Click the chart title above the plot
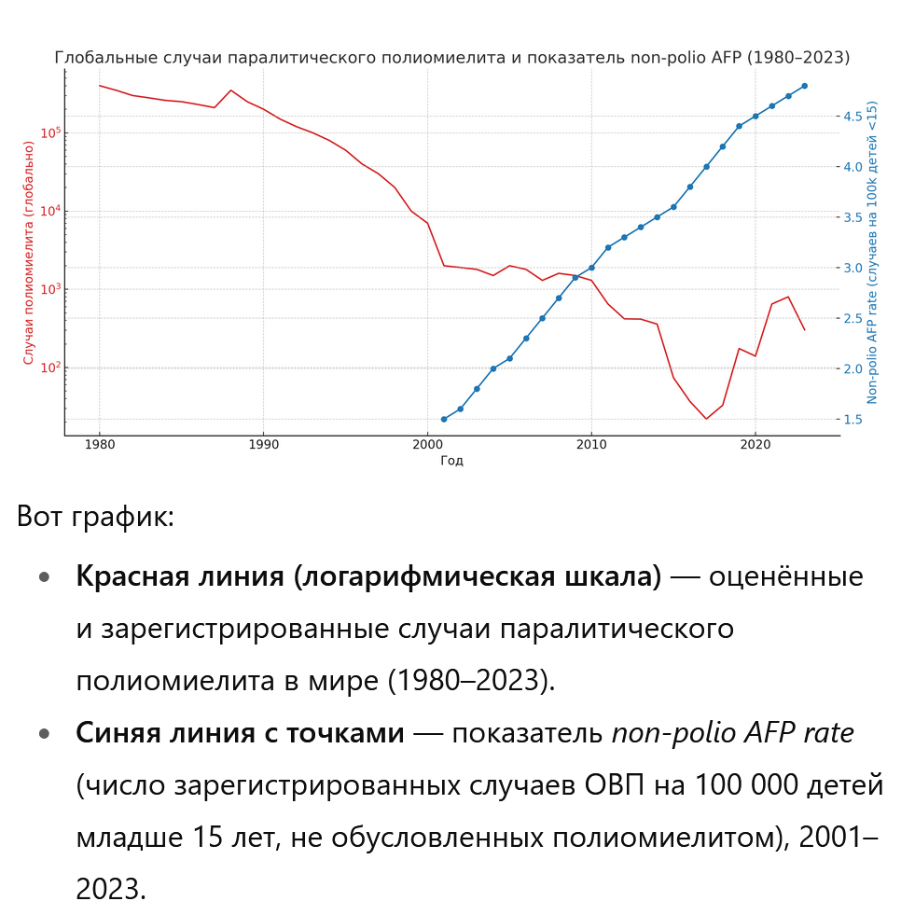[x=451, y=58]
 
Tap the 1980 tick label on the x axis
[x=100, y=445]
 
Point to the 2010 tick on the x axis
[x=591, y=445]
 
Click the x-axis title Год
[x=451, y=461]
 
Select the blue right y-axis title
[x=873, y=252]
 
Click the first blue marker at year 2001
[x=443, y=419]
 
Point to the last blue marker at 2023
[x=804, y=86]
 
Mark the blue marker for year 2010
[x=591, y=268]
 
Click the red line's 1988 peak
[x=231, y=90]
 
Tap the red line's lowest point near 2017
[x=706, y=419]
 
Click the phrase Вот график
[x=95, y=517]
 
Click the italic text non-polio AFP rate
[x=732, y=734]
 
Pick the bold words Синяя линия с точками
[x=241, y=734]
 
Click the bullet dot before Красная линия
[x=44, y=577]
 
